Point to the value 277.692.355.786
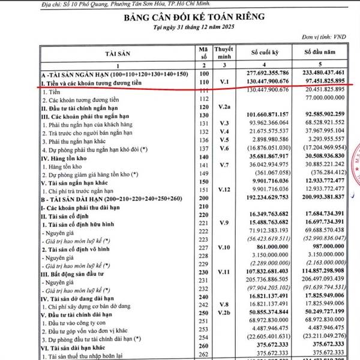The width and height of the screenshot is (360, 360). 266,73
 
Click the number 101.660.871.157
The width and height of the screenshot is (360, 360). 266,115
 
